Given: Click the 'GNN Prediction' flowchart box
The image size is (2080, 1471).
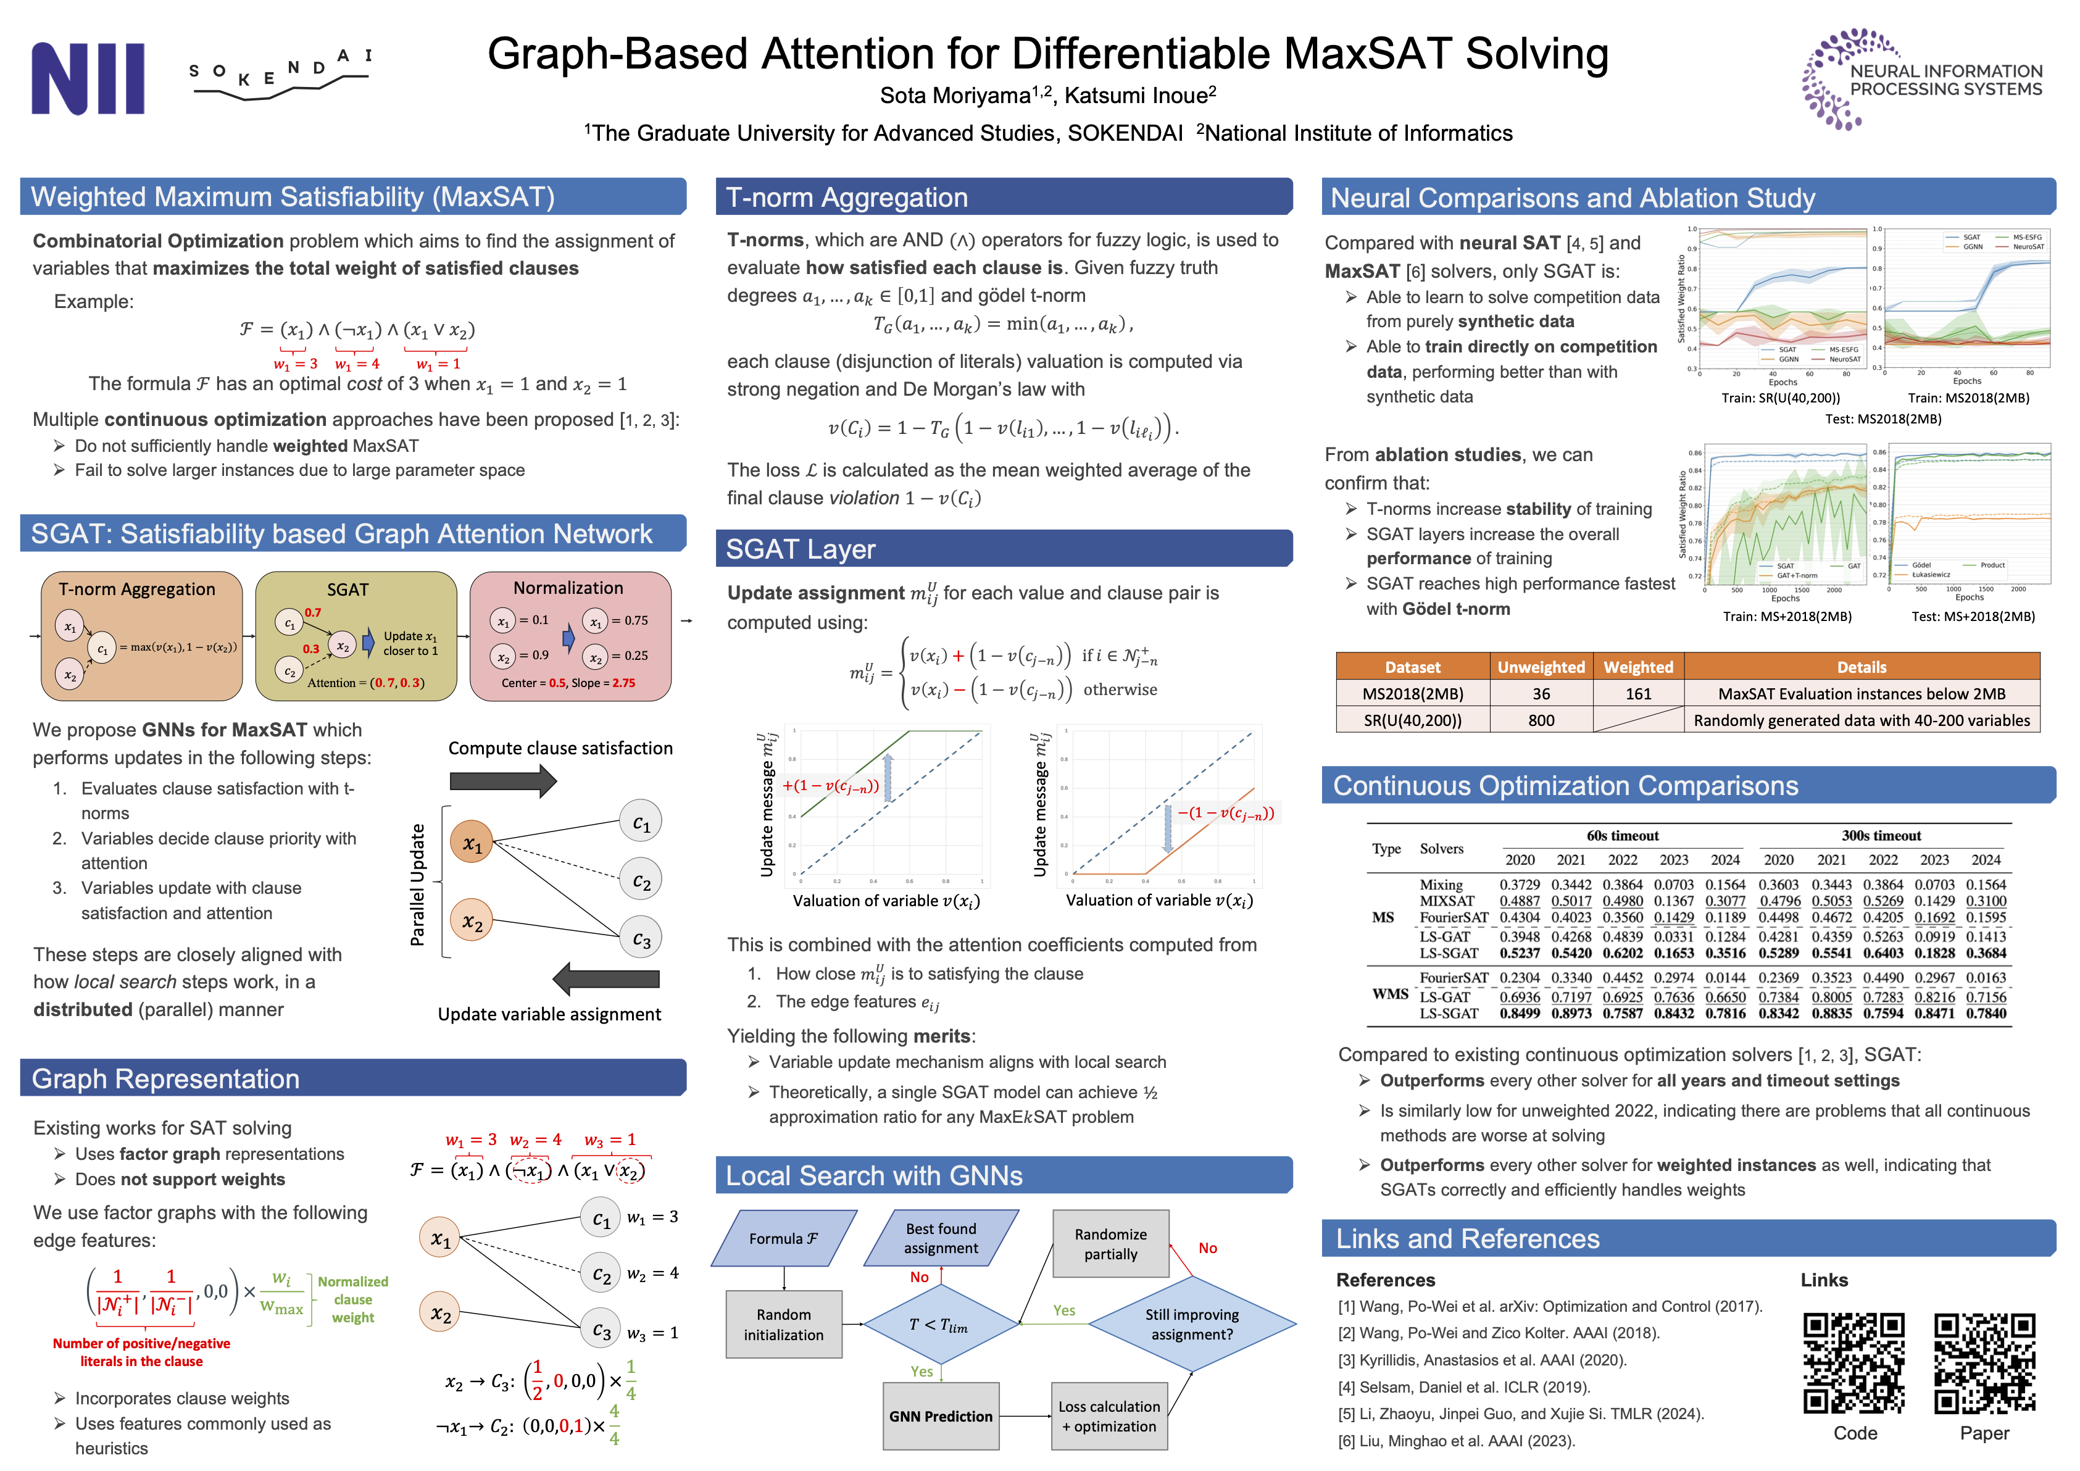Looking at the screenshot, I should click(x=941, y=1415).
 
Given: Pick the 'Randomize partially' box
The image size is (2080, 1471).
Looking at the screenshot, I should click(x=1110, y=1244).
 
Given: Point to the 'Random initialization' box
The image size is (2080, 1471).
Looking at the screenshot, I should click(x=784, y=1324).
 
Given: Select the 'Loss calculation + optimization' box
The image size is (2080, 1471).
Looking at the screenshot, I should click(x=1109, y=1415).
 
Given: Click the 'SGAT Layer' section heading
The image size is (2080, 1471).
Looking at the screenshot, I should click(x=801, y=549).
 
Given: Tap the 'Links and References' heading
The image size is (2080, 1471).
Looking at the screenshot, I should click(x=1468, y=1238).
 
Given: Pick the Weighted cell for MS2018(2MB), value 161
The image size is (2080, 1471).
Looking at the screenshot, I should click(x=1638, y=694).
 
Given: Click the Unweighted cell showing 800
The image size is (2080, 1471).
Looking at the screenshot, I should click(x=1541, y=720).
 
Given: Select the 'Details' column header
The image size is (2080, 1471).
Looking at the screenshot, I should click(x=1861, y=667).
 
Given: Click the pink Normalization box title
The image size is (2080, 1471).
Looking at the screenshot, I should click(x=568, y=588).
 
